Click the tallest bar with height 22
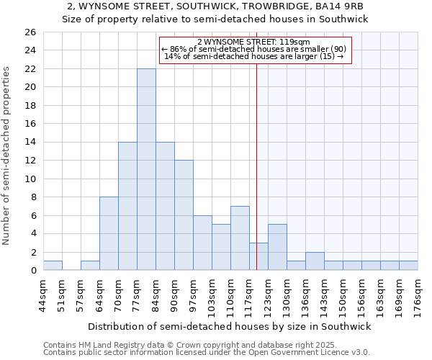tap(146, 169)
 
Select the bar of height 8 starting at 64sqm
tap(109, 233)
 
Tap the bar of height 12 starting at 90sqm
tap(184, 215)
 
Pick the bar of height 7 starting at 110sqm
tap(240, 238)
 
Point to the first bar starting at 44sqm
tap(53, 266)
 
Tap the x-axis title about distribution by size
tap(230, 326)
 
